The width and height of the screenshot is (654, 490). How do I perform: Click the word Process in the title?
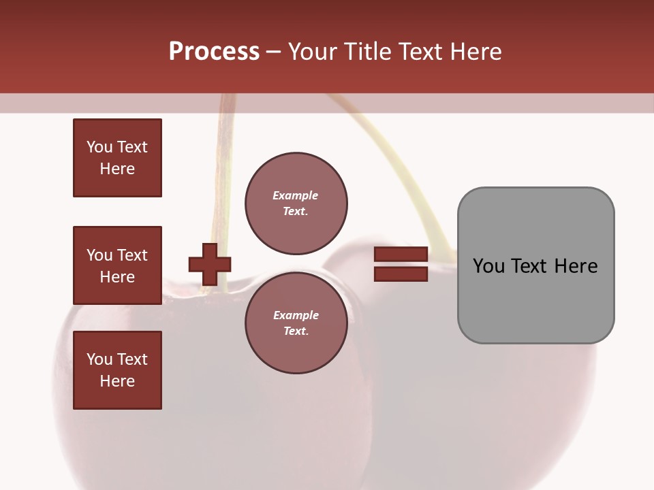[x=214, y=52]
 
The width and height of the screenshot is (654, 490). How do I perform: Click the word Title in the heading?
[x=366, y=52]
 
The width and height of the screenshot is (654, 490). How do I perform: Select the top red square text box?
[x=117, y=158]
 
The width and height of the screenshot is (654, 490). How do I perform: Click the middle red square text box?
[x=117, y=265]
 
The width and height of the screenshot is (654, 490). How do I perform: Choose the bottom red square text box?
[x=117, y=370]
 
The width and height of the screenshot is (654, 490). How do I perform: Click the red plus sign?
[x=210, y=264]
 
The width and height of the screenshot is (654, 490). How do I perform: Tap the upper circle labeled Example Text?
[x=296, y=203]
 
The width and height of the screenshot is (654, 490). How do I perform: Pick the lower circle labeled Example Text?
[x=296, y=323]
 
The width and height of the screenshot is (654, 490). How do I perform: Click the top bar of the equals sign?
[x=401, y=255]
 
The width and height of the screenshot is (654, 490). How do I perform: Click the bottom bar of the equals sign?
[x=401, y=274]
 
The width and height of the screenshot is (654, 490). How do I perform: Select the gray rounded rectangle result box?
[x=535, y=299]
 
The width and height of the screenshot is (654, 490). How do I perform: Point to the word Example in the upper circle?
[x=296, y=195]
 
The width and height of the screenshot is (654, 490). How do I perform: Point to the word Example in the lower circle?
[x=296, y=315]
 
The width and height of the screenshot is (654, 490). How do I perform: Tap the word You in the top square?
[x=99, y=147]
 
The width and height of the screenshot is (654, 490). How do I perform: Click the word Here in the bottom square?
[x=117, y=381]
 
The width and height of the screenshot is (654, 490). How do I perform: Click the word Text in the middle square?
[x=132, y=255]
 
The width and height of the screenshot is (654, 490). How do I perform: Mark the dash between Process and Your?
[x=273, y=52]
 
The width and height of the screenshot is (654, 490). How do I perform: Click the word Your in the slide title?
[x=312, y=52]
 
